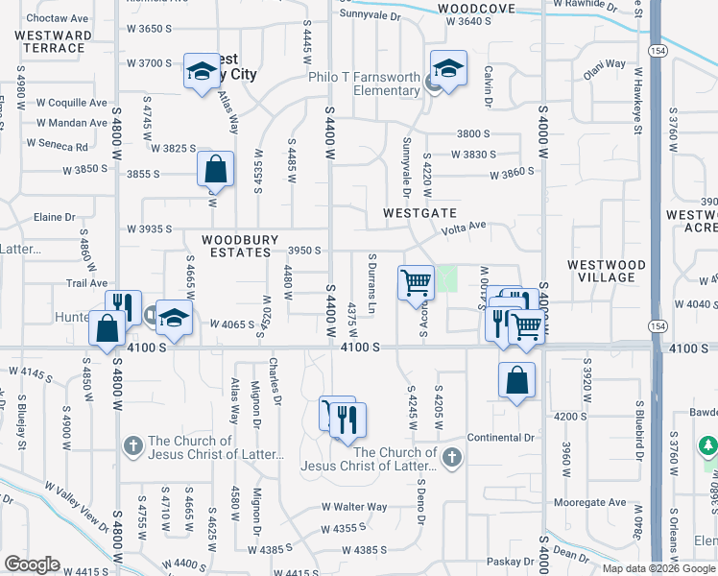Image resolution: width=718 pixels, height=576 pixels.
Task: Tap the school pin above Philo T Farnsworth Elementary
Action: click(x=447, y=69)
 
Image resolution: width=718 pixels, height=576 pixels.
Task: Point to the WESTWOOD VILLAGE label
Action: click(x=600, y=271)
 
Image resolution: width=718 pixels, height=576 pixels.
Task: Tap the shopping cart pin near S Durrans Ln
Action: click(x=415, y=282)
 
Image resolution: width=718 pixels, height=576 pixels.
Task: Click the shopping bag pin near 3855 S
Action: click(x=215, y=169)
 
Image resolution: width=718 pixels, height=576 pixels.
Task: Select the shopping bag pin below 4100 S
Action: click(x=516, y=380)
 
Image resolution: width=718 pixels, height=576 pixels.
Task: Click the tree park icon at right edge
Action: click(x=708, y=446)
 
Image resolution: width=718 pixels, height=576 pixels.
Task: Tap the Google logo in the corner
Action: click(x=32, y=564)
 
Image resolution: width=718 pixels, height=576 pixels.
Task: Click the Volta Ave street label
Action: click(x=464, y=228)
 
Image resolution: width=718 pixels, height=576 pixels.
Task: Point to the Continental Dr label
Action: click(x=500, y=438)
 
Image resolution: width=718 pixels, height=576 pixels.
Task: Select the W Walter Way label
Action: click(x=354, y=507)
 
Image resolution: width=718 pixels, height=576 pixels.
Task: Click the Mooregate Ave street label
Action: click(x=589, y=503)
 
